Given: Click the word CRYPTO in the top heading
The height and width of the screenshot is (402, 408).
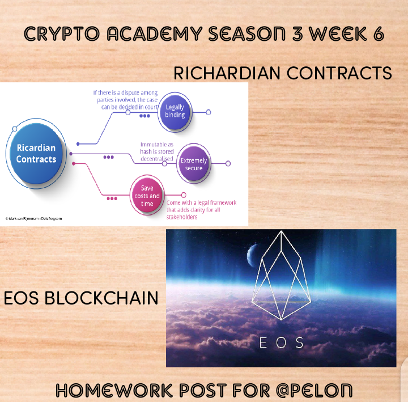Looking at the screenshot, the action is (62, 34).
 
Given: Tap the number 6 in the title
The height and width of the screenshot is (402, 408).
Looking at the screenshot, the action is (379, 34).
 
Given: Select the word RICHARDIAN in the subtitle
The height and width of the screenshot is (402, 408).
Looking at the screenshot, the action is (227, 73).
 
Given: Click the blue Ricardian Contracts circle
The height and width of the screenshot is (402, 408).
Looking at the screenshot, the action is (36, 154).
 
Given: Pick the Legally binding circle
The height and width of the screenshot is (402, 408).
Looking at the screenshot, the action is (175, 112).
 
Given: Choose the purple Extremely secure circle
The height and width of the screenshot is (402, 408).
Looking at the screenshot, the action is (194, 163).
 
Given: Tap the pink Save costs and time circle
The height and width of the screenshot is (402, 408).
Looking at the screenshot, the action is (147, 195).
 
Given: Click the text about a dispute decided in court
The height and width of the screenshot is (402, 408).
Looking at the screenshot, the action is (125, 100).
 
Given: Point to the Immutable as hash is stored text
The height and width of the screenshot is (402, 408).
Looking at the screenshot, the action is (156, 151).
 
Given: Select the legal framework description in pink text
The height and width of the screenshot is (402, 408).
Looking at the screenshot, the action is (201, 210).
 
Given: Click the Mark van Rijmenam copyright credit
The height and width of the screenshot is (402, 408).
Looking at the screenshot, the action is (33, 218).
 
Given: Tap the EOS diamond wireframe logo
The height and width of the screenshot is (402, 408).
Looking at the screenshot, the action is (281, 275).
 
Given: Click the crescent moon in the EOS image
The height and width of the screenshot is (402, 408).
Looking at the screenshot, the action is (251, 256).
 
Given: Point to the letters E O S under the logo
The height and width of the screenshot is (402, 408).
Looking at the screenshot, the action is (281, 342).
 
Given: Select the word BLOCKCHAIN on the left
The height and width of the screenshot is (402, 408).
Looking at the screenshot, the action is (101, 298).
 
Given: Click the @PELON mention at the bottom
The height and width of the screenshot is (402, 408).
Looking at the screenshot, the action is (314, 391).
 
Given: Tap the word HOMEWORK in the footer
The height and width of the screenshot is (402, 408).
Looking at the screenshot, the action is (114, 391).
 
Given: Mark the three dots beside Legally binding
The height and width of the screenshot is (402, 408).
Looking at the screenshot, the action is (144, 116).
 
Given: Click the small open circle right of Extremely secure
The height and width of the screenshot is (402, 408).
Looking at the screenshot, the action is (228, 163).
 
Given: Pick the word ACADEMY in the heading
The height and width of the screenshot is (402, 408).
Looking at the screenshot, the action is (155, 34).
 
